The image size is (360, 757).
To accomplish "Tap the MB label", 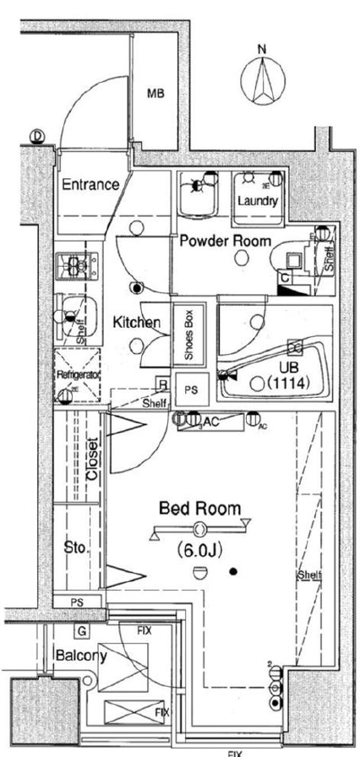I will (x=155, y=94).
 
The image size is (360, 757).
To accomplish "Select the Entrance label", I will (x=90, y=185).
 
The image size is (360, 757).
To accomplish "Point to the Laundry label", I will (x=257, y=201).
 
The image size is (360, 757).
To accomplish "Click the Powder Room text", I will (x=225, y=241).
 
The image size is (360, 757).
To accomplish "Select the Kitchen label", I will (x=137, y=322).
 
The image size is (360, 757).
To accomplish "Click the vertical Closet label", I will (x=92, y=460).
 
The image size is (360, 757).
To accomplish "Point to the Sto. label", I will (x=75, y=548).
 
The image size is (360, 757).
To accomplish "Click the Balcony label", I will (x=79, y=655).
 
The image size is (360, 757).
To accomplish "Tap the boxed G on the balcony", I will (x=81, y=631).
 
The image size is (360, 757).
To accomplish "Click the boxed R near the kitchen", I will (x=162, y=384).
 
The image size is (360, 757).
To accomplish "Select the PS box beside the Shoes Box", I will (x=192, y=389).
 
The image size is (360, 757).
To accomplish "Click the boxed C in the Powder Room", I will (x=286, y=276).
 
